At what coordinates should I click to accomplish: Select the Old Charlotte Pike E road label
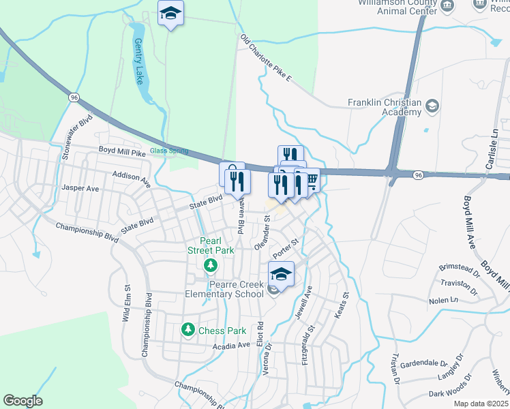coord(265,59)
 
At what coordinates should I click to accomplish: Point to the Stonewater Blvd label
coord(77,136)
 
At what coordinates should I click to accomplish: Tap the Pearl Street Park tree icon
coord(211,264)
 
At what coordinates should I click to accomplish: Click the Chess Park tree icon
coord(187,330)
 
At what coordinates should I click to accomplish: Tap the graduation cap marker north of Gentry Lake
coord(170,13)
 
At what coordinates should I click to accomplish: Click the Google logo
coord(22,401)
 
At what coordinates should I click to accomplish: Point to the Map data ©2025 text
coord(480,404)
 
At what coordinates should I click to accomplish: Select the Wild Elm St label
coord(126,303)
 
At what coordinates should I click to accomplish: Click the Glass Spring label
coord(168,151)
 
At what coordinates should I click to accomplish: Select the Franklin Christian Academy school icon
coord(432,106)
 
